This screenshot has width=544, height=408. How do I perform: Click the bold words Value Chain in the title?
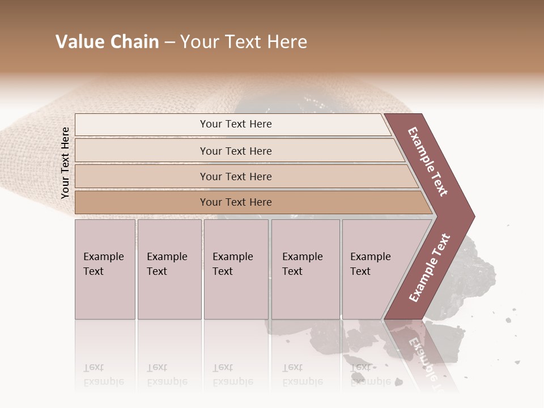point(107,42)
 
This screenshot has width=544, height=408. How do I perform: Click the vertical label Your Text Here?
point(65,163)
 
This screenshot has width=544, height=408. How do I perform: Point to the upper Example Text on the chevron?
point(428,161)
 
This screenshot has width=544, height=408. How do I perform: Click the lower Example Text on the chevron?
point(429,268)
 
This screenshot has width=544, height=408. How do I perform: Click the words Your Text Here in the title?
point(244,42)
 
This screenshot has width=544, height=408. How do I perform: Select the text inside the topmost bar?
point(236,124)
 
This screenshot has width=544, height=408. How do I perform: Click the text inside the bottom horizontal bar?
point(236,202)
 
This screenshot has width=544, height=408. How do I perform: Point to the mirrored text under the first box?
point(103,375)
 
